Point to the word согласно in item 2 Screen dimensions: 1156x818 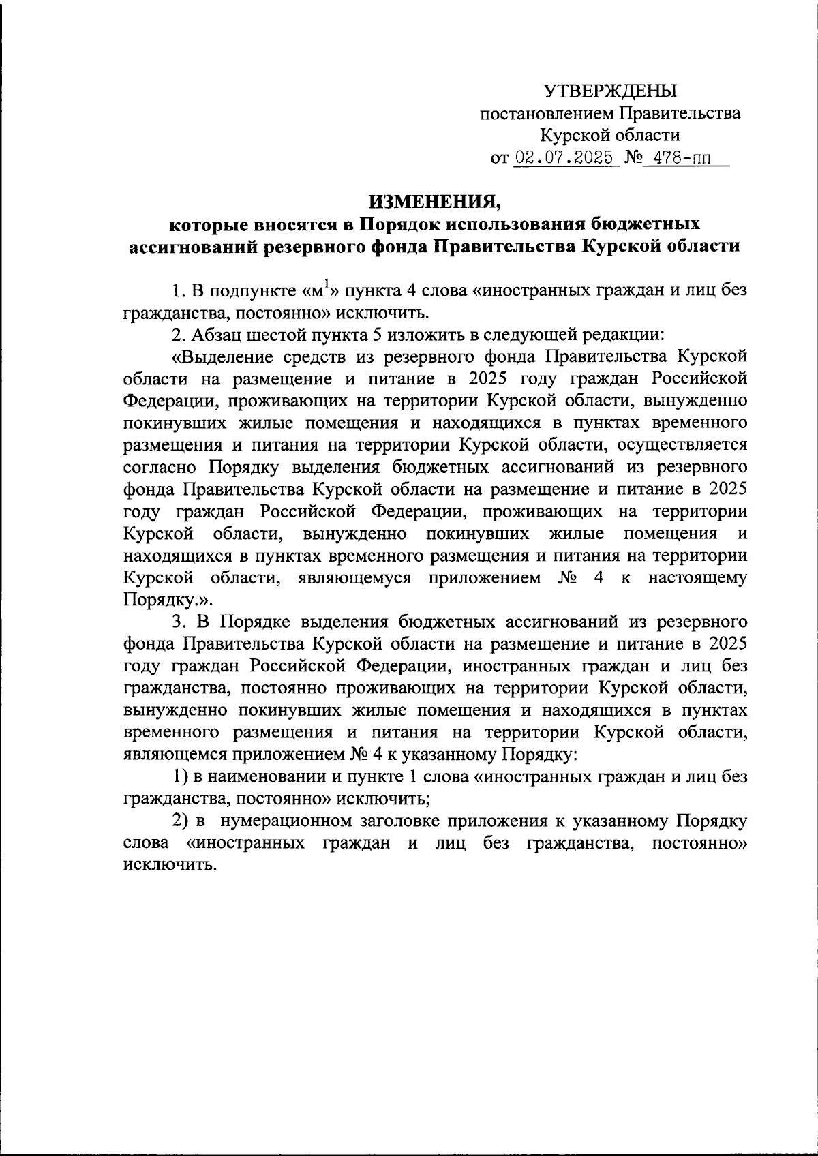tap(162, 467)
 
